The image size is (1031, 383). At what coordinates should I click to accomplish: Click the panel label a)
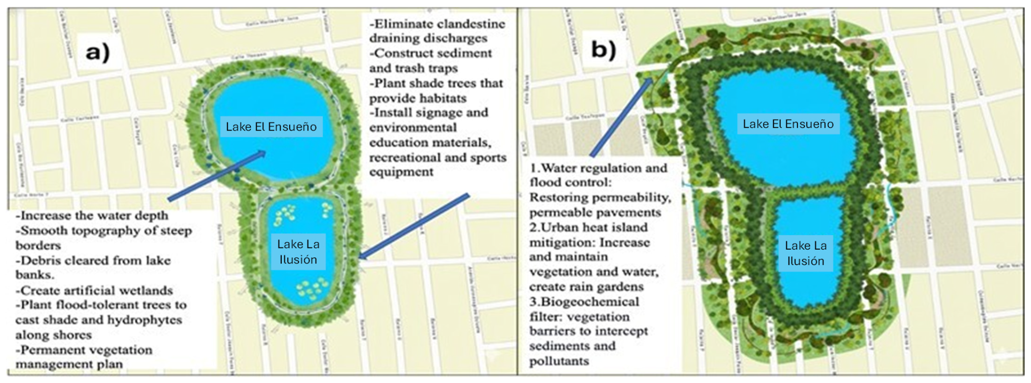(x=97, y=52)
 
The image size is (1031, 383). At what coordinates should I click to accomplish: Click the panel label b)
(x=603, y=49)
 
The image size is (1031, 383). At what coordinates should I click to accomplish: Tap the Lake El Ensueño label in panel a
(x=271, y=127)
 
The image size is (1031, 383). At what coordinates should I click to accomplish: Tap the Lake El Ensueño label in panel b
(x=788, y=124)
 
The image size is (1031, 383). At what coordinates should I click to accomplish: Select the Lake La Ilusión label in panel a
(x=298, y=252)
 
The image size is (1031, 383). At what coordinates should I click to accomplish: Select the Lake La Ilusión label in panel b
(x=805, y=253)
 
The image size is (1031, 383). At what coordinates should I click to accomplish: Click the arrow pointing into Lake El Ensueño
(x=218, y=176)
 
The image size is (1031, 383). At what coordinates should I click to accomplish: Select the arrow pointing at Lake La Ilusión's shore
(x=413, y=227)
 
